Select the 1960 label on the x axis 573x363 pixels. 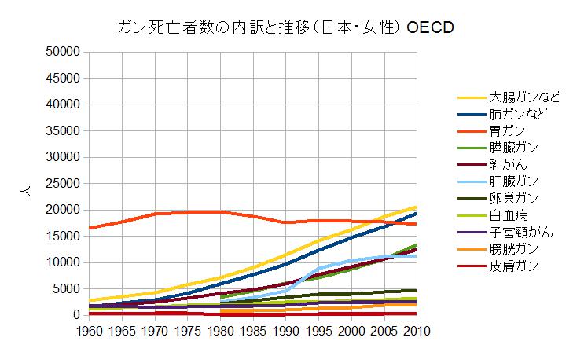click(89, 331)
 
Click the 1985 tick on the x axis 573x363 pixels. click(252, 331)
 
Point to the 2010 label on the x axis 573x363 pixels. click(416, 331)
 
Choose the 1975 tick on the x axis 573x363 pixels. click(187, 331)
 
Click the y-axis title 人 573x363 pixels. click(24, 189)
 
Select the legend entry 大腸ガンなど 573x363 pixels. click(525, 97)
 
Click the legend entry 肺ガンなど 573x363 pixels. click(520, 114)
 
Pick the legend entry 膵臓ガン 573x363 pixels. click(513, 148)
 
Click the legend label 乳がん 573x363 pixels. click(507, 165)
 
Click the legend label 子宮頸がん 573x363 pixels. click(520, 233)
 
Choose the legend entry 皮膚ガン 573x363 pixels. click(513, 266)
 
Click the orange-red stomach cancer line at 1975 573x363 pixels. click(187, 211)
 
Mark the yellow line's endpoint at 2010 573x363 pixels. click(416, 207)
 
